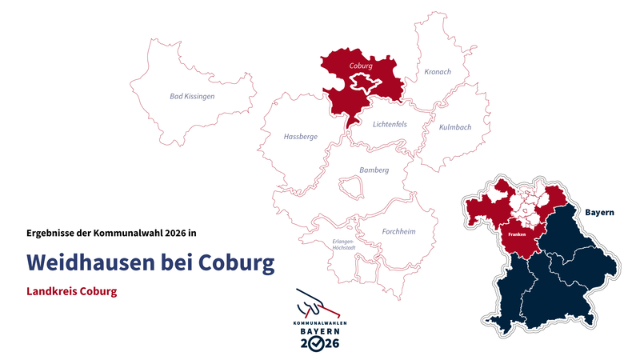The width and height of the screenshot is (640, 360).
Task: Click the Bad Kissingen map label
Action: pyautogui.click(x=192, y=96)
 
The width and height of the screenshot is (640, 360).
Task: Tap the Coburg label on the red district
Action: pyautogui.click(x=362, y=66)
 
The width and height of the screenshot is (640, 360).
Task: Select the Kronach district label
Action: pyautogui.click(x=438, y=72)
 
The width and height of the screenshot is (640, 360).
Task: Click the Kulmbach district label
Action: pyautogui.click(x=455, y=127)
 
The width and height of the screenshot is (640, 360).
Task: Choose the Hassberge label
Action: pyautogui.click(x=301, y=137)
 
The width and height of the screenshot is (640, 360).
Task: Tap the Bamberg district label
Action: pyautogui.click(x=374, y=170)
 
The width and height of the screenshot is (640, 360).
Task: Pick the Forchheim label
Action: pyautogui.click(x=398, y=231)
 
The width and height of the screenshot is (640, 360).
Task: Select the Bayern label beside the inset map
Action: pyautogui.click(x=599, y=213)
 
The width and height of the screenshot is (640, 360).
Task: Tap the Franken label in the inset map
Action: pyautogui.click(x=517, y=234)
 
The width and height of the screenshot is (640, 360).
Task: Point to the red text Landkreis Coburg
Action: pyautogui.click(x=72, y=291)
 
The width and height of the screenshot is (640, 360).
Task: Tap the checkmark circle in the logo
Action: pyautogui.click(x=319, y=343)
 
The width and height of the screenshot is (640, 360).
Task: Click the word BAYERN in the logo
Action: pyautogui.click(x=319, y=330)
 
